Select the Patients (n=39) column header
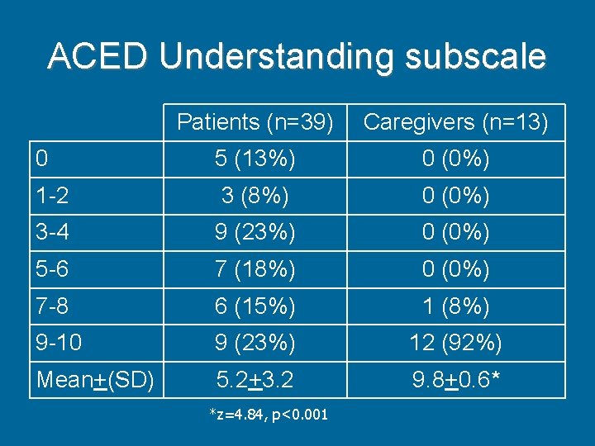[255, 122]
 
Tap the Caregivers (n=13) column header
[455, 122]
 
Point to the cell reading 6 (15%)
[255, 306]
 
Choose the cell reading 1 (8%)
[455, 306]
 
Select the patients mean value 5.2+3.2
[255, 380]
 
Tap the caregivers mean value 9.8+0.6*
[455, 380]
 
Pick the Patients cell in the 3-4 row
[255, 233]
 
